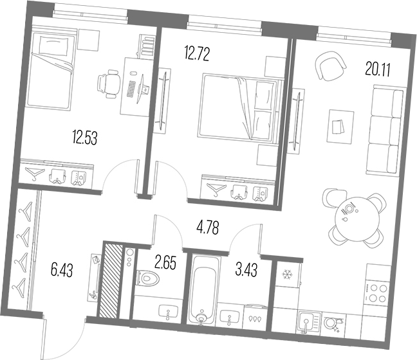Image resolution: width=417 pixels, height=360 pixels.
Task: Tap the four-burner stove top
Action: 376,293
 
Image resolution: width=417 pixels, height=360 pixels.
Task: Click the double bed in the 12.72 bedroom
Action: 238,106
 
